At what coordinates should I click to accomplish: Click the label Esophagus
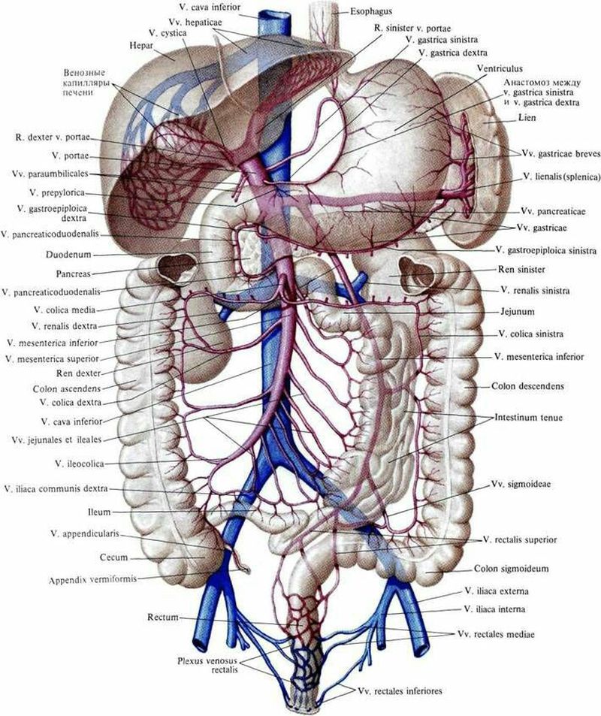point(371,11)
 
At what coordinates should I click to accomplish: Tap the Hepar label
point(141,46)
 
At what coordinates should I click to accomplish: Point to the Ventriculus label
point(499,68)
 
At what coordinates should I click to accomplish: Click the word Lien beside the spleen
point(527,118)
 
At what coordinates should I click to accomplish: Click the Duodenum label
point(68,255)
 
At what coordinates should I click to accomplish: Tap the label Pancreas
point(74,274)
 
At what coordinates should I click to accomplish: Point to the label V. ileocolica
point(80,464)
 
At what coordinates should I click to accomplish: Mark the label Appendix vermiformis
point(92,580)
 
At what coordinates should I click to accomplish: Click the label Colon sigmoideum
point(511,569)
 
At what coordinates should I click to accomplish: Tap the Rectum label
point(163,618)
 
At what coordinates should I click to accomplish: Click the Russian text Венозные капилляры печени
point(85,82)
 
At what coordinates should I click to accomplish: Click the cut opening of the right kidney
point(177,267)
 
